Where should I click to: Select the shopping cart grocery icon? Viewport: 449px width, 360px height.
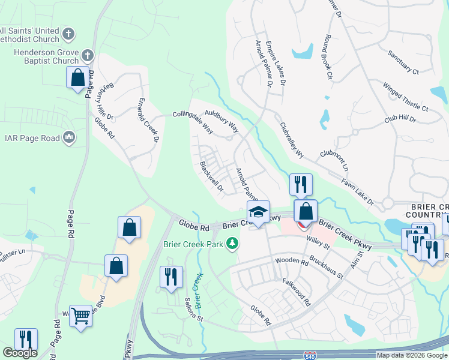point(80,314)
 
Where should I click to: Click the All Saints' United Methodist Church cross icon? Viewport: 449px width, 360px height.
point(69,34)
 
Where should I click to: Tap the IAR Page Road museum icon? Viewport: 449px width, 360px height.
point(69,138)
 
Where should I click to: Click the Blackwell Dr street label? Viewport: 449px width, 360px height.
point(211,176)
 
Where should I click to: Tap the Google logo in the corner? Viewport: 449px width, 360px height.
point(19,353)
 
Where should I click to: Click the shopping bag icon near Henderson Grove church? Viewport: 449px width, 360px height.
point(77,78)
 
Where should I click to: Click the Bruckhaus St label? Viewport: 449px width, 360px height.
point(326,267)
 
